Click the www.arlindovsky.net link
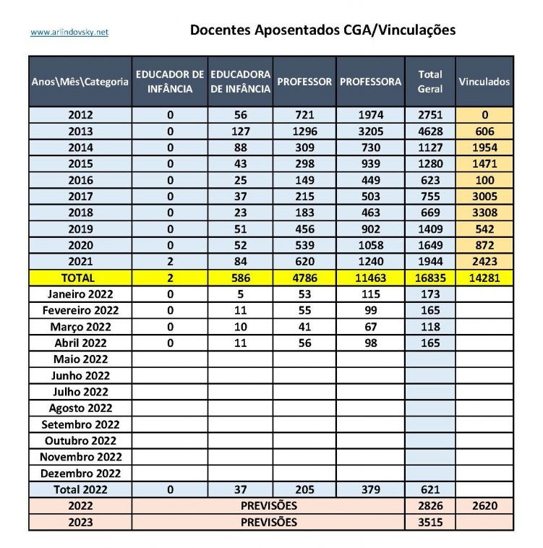click(x=69, y=33)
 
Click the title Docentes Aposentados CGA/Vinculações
click(x=322, y=30)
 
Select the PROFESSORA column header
click(x=370, y=82)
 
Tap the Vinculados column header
click(x=484, y=82)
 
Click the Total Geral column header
click(x=430, y=82)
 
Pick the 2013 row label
click(x=80, y=131)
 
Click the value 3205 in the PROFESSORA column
click(x=370, y=131)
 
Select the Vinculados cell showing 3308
click(x=484, y=212)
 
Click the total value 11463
click(x=370, y=277)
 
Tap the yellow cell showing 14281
click(x=484, y=277)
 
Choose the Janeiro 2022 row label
click(x=80, y=294)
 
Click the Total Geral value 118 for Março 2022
click(x=430, y=326)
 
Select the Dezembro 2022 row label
click(x=80, y=473)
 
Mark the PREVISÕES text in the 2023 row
click(x=269, y=522)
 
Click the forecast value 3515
click(x=430, y=522)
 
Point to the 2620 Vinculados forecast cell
click(x=484, y=505)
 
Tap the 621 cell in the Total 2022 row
click(x=430, y=489)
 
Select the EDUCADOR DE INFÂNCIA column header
click(x=170, y=82)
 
